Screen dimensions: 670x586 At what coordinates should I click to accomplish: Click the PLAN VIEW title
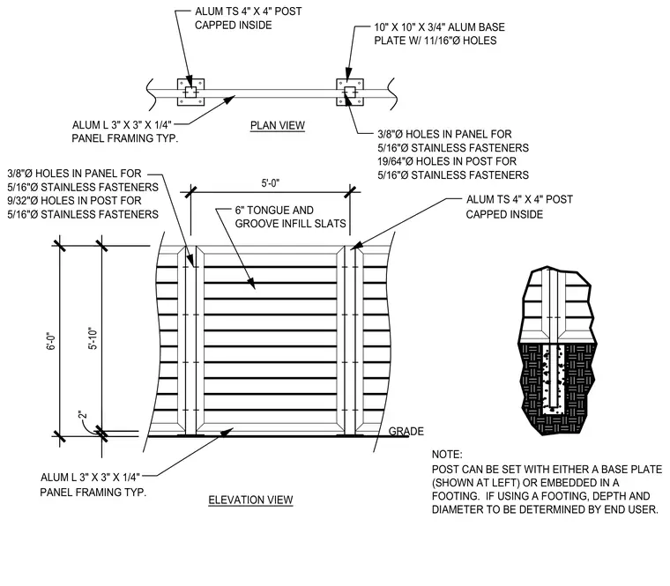(278, 125)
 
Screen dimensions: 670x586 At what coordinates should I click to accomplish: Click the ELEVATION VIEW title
(250, 500)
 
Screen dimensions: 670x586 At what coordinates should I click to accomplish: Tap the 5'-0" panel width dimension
(271, 183)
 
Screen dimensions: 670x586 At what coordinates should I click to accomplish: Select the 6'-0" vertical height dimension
(51, 341)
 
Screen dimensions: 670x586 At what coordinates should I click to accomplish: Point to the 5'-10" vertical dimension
(93, 338)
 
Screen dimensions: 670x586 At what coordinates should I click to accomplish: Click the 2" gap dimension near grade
(83, 414)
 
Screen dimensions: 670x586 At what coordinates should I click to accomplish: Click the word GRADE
(406, 432)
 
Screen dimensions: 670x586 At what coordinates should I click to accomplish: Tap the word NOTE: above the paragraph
(447, 454)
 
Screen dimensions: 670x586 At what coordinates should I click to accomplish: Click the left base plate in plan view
(191, 93)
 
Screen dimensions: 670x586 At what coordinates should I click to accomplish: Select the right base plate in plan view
(350, 92)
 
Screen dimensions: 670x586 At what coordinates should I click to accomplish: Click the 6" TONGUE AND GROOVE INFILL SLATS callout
(291, 217)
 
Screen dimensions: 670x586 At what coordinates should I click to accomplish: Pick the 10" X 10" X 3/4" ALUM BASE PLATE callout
(439, 33)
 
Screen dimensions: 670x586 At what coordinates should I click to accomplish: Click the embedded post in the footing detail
(554, 375)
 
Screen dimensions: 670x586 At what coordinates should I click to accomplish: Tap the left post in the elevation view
(190, 340)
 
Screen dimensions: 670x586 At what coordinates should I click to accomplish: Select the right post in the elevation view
(350, 340)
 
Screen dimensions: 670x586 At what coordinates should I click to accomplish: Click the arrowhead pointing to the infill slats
(251, 284)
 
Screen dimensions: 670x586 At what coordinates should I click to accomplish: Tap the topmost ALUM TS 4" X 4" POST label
(249, 11)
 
